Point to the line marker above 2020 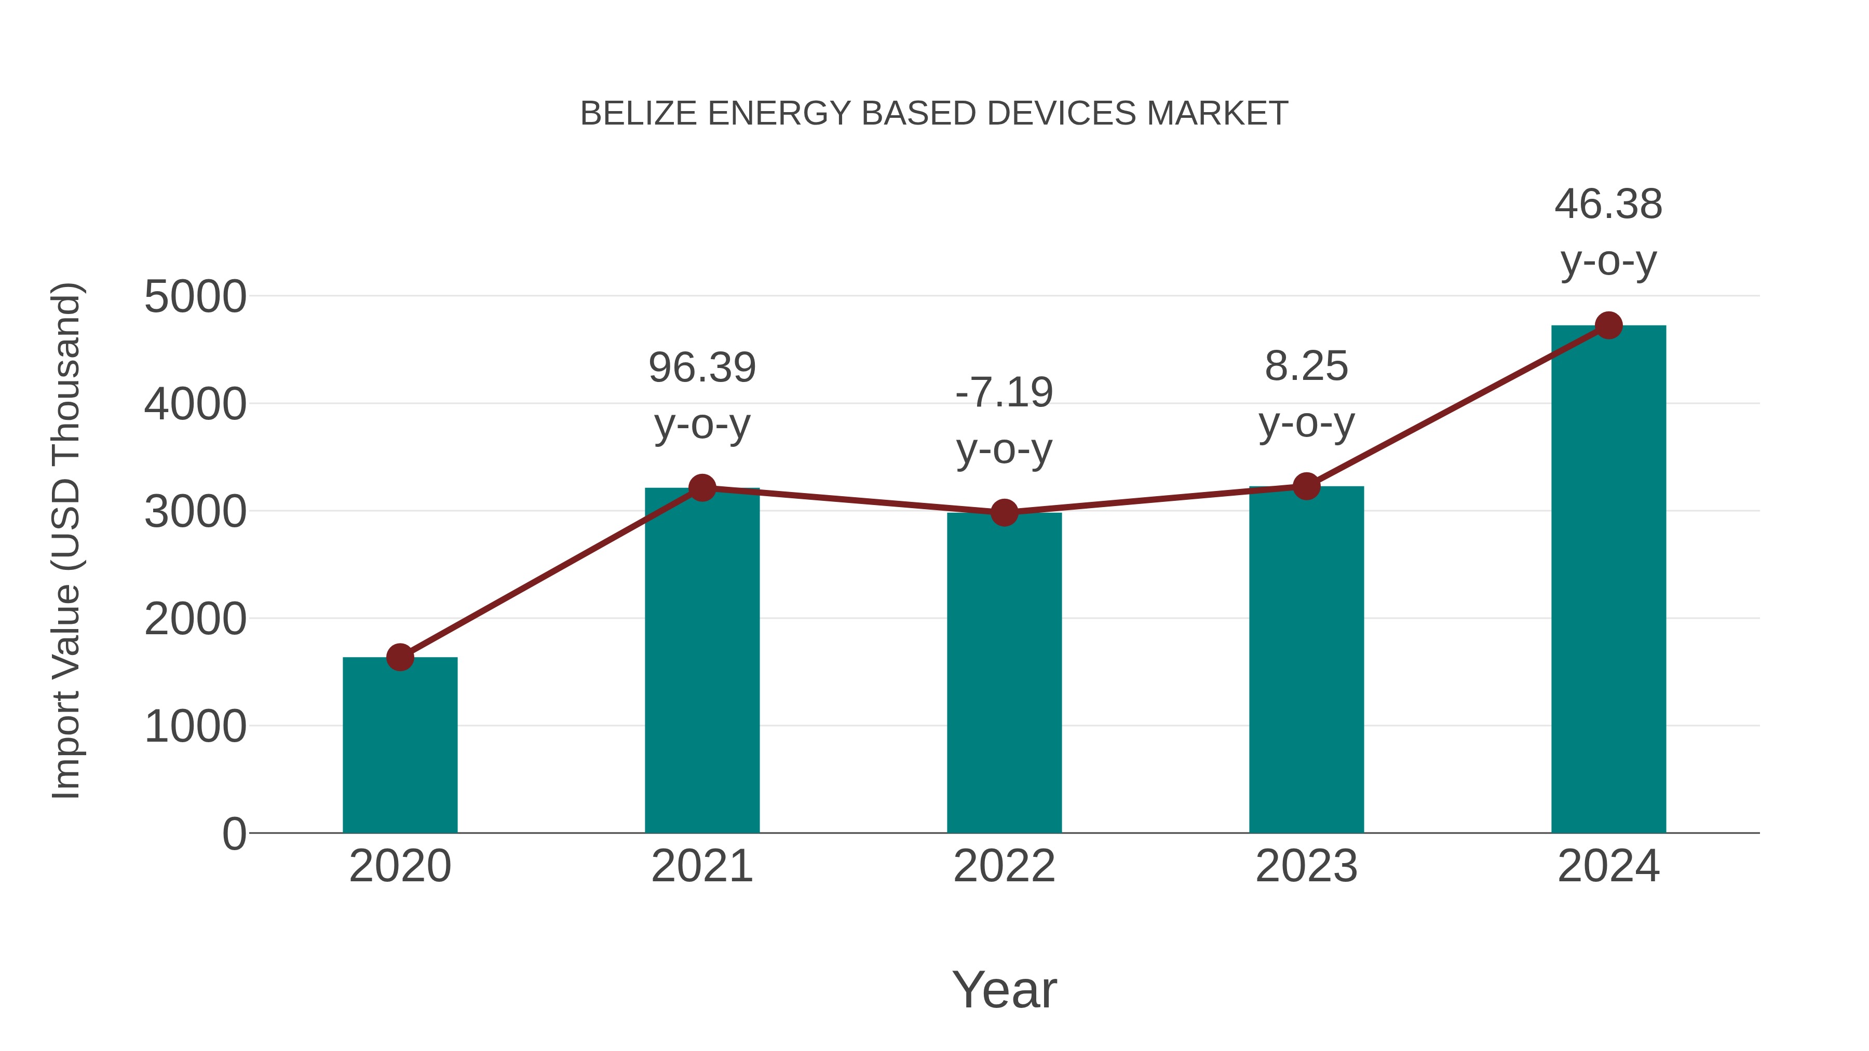point(400,657)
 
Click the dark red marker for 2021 point(701,488)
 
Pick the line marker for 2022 point(1004,513)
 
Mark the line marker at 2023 point(1306,486)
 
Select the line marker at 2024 point(1608,325)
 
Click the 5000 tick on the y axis point(195,297)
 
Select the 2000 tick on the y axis point(195,619)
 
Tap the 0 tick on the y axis point(234,834)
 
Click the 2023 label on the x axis point(1306,866)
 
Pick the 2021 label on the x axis point(701,866)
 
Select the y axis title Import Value point(65,541)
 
